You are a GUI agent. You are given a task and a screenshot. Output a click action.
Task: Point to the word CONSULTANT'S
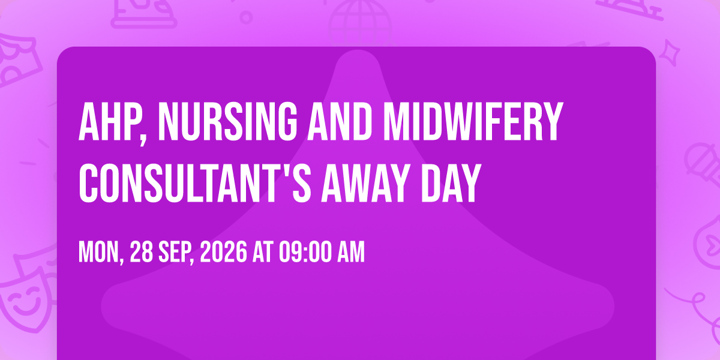pyautogui.click(x=195, y=183)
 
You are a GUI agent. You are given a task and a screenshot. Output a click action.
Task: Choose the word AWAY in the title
pyautogui.click(x=366, y=183)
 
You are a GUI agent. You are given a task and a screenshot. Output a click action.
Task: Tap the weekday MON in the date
pyautogui.click(x=98, y=253)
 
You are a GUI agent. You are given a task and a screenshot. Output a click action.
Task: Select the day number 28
pyautogui.click(x=142, y=253)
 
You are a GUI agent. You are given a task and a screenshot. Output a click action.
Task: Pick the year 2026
pyautogui.click(x=224, y=253)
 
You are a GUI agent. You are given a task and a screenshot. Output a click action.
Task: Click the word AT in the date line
pyautogui.click(x=263, y=253)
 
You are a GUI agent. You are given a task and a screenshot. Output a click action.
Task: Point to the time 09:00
pyautogui.click(x=305, y=253)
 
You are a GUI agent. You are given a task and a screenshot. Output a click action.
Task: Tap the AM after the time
pyautogui.click(x=350, y=253)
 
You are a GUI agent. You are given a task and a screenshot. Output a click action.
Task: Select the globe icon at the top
pyautogui.click(x=360, y=23)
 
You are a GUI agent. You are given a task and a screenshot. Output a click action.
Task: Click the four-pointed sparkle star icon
pyautogui.click(x=669, y=53)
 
